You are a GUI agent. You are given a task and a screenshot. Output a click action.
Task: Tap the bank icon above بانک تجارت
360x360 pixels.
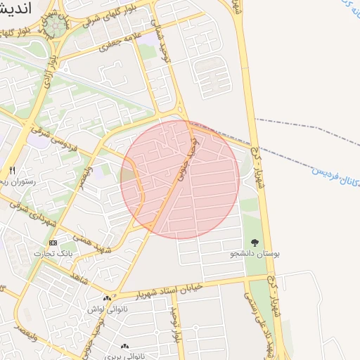(x=53, y=243)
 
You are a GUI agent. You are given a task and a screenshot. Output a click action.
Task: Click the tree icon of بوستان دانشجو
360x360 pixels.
(x=255, y=243)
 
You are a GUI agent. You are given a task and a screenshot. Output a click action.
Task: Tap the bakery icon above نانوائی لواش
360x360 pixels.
(x=107, y=299)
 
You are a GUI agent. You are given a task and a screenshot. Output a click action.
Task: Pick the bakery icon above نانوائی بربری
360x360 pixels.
(x=125, y=346)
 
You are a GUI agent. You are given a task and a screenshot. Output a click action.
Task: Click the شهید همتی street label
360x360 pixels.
(x=96, y=240)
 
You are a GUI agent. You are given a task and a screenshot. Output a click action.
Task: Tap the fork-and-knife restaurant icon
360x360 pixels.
(x=11, y=171)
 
